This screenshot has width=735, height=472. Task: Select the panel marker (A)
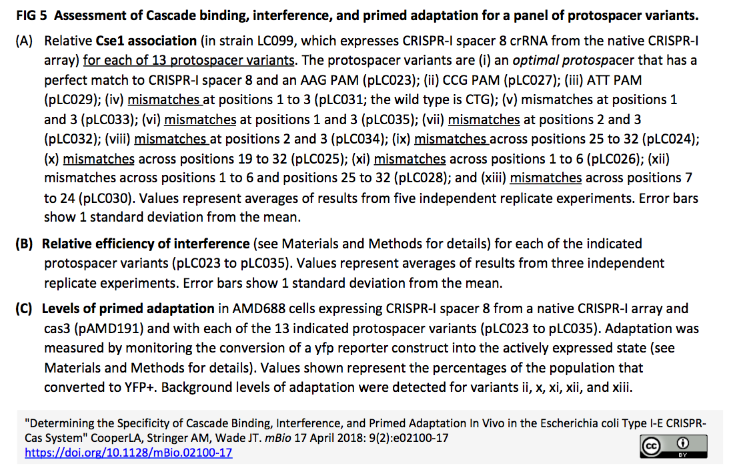coord(25,41)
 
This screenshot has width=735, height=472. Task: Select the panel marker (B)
coord(25,244)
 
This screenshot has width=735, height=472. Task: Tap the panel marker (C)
coord(25,309)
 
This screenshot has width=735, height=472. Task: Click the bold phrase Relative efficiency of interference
coord(145,244)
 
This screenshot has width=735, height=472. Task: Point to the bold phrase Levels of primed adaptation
coord(128,309)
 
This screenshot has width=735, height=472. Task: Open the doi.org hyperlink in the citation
coord(128,453)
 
